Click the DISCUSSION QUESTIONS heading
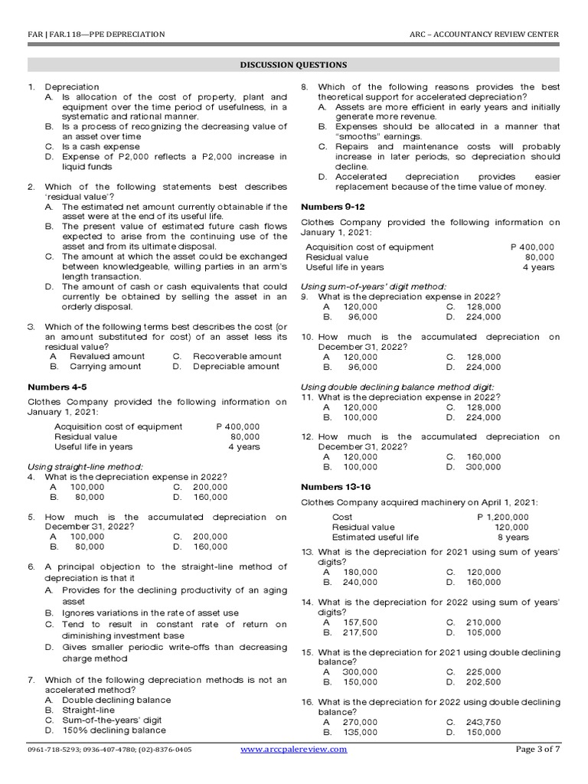(x=294, y=65)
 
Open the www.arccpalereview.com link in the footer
(x=294, y=750)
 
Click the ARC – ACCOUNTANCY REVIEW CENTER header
(x=485, y=34)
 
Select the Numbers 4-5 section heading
(x=57, y=387)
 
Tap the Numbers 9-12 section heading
(x=333, y=207)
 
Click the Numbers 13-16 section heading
(x=335, y=487)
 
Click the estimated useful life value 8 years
(x=512, y=537)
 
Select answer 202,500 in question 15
(x=483, y=682)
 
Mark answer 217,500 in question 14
(x=359, y=632)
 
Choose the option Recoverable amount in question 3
(x=237, y=356)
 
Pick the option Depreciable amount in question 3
(x=236, y=367)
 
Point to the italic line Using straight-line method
(x=85, y=466)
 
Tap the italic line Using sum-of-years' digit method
(x=374, y=286)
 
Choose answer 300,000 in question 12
(x=483, y=466)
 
